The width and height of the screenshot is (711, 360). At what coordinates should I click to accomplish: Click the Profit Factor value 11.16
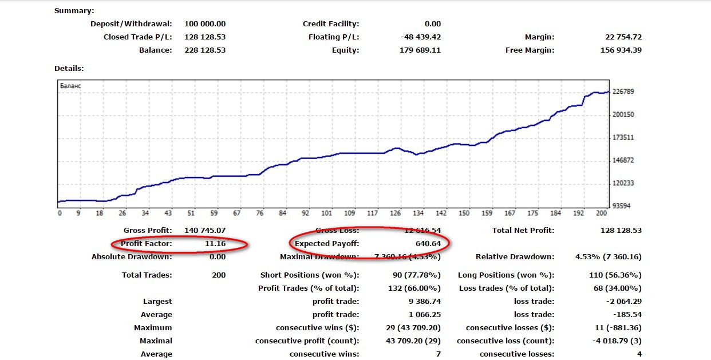tap(215, 244)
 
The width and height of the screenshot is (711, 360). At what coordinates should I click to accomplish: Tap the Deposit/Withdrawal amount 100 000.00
tap(205, 24)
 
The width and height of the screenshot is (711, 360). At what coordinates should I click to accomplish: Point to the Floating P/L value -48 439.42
tap(421, 37)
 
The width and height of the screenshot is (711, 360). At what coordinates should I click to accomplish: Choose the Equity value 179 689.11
tap(420, 50)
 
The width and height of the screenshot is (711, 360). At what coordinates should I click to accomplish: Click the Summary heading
tap(74, 11)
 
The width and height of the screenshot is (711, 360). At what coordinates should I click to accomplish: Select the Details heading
tap(69, 69)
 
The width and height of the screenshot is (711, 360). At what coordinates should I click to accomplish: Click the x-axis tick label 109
tap(350, 213)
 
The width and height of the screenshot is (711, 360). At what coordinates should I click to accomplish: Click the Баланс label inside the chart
tap(70, 86)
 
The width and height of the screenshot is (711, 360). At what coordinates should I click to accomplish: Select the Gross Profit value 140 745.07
tap(205, 231)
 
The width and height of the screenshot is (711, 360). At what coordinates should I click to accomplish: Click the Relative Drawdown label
tap(515, 257)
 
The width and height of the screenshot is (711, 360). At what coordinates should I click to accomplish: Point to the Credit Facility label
tap(331, 24)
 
